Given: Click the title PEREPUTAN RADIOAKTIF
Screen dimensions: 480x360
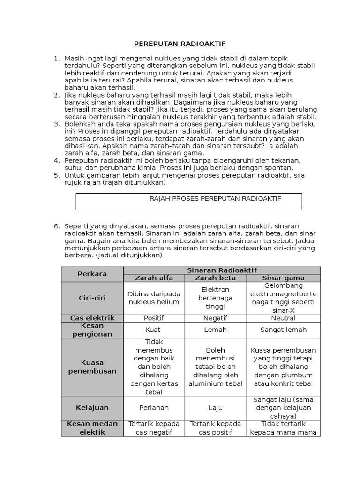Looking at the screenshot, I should coord(180,44).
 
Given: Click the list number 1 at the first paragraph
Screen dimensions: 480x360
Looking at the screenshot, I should coord(57,58).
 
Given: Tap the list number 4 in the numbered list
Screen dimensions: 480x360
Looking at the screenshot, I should coord(57,160).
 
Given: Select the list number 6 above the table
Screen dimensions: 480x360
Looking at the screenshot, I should coord(57,226).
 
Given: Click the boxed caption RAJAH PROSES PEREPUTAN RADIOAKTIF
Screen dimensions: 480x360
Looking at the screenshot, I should coord(215,199).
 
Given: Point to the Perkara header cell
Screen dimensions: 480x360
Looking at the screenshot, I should coord(92,274).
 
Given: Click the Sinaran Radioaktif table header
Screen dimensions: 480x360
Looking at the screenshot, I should coord(221,270).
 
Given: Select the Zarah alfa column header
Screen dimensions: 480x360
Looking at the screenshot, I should coord(154,277).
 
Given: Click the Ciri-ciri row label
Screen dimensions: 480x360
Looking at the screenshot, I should coord(92,298).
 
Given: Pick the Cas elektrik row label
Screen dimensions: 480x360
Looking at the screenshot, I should coord(92,318).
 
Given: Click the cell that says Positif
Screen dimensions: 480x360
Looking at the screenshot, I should coord(154,318).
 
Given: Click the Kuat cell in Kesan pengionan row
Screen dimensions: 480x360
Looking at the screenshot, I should coord(154,330).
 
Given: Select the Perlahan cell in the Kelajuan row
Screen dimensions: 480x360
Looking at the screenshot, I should coord(154,408).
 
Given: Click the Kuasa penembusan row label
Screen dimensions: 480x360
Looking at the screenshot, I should coord(92,367).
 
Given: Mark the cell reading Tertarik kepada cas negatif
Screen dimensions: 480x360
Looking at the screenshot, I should coord(154,428).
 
